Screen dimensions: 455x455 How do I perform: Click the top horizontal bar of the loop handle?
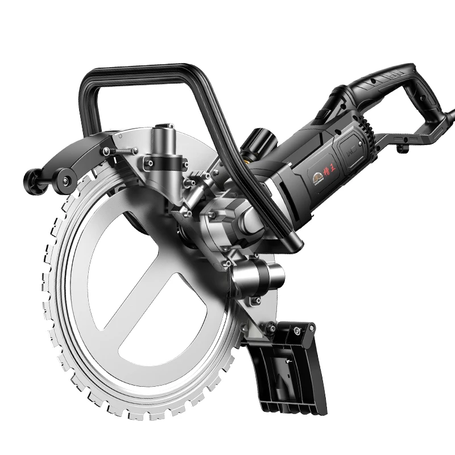click(136, 74)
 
